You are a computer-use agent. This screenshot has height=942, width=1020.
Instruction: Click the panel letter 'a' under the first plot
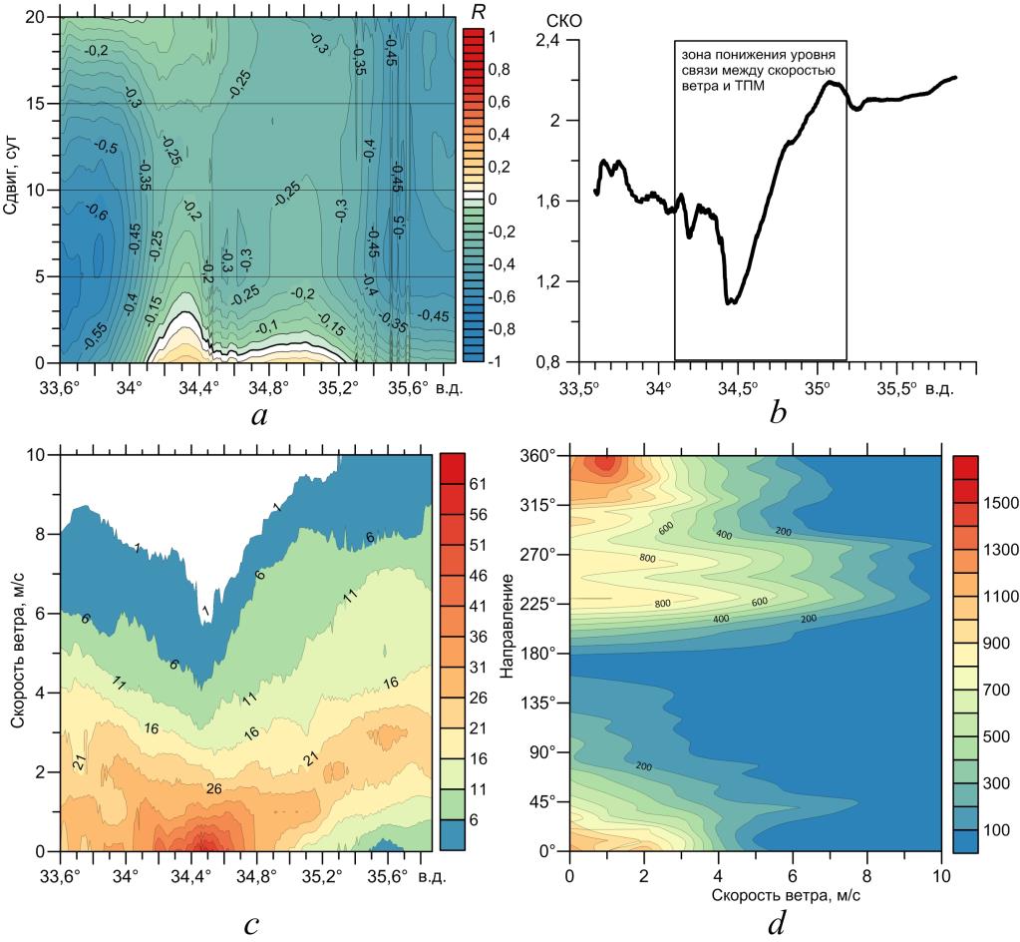pos(259,416)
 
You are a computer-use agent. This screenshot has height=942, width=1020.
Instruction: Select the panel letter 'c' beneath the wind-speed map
pos(250,923)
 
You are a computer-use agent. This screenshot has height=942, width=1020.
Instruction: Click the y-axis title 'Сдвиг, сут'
pos(13,190)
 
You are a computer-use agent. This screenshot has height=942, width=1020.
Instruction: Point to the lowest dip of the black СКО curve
pos(732,301)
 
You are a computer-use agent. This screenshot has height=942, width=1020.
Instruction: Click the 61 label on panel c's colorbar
pos(476,484)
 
